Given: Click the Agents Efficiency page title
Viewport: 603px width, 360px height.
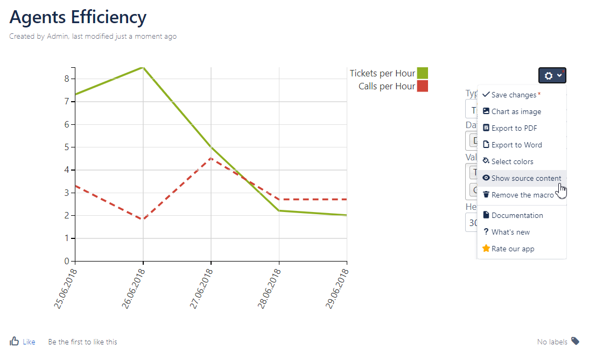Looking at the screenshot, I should [x=78, y=17].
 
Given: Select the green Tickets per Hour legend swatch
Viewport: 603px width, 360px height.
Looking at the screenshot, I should [x=423, y=73].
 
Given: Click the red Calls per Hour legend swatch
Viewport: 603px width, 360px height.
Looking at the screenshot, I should [x=423, y=86].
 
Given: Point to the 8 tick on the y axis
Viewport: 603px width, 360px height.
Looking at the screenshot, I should [x=67, y=79].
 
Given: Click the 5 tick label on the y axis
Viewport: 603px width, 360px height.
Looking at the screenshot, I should [x=67, y=147].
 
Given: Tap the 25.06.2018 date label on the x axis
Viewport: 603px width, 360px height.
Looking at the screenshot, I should [x=66, y=289].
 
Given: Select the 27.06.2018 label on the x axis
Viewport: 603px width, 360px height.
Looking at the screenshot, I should [x=202, y=289].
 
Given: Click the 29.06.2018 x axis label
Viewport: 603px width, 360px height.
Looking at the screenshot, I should [x=338, y=289].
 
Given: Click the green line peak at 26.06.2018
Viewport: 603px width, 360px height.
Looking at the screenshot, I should [x=143, y=67].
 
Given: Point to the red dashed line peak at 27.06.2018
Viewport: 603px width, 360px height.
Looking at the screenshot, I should [x=211, y=158].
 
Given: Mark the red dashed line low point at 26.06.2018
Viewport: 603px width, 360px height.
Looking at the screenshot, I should [x=143, y=219].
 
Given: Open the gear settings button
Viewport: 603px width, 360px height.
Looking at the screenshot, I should [x=552, y=75].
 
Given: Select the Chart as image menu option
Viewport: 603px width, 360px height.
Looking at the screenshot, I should [x=516, y=111].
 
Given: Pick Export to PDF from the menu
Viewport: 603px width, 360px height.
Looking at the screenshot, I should [x=514, y=128].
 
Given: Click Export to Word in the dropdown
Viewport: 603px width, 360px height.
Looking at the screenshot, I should [x=516, y=145].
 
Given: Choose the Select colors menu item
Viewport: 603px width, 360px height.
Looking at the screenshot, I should [x=512, y=161].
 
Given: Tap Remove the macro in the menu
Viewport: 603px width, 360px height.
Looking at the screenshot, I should [x=522, y=195].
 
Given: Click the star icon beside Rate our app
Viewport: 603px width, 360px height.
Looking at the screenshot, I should [x=486, y=249].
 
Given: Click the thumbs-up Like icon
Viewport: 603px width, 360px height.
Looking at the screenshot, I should [x=15, y=341].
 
